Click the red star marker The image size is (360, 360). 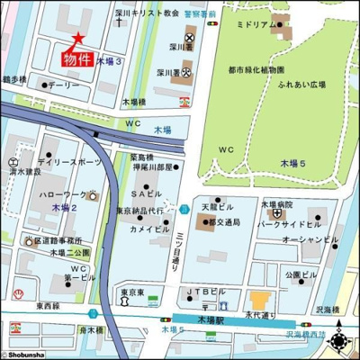click(78, 39)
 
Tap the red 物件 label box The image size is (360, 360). click(77, 59)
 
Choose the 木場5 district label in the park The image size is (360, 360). click(292, 163)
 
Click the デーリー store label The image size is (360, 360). click(64, 85)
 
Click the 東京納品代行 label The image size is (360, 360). click(139, 211)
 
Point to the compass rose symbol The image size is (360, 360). click(340, 341)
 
